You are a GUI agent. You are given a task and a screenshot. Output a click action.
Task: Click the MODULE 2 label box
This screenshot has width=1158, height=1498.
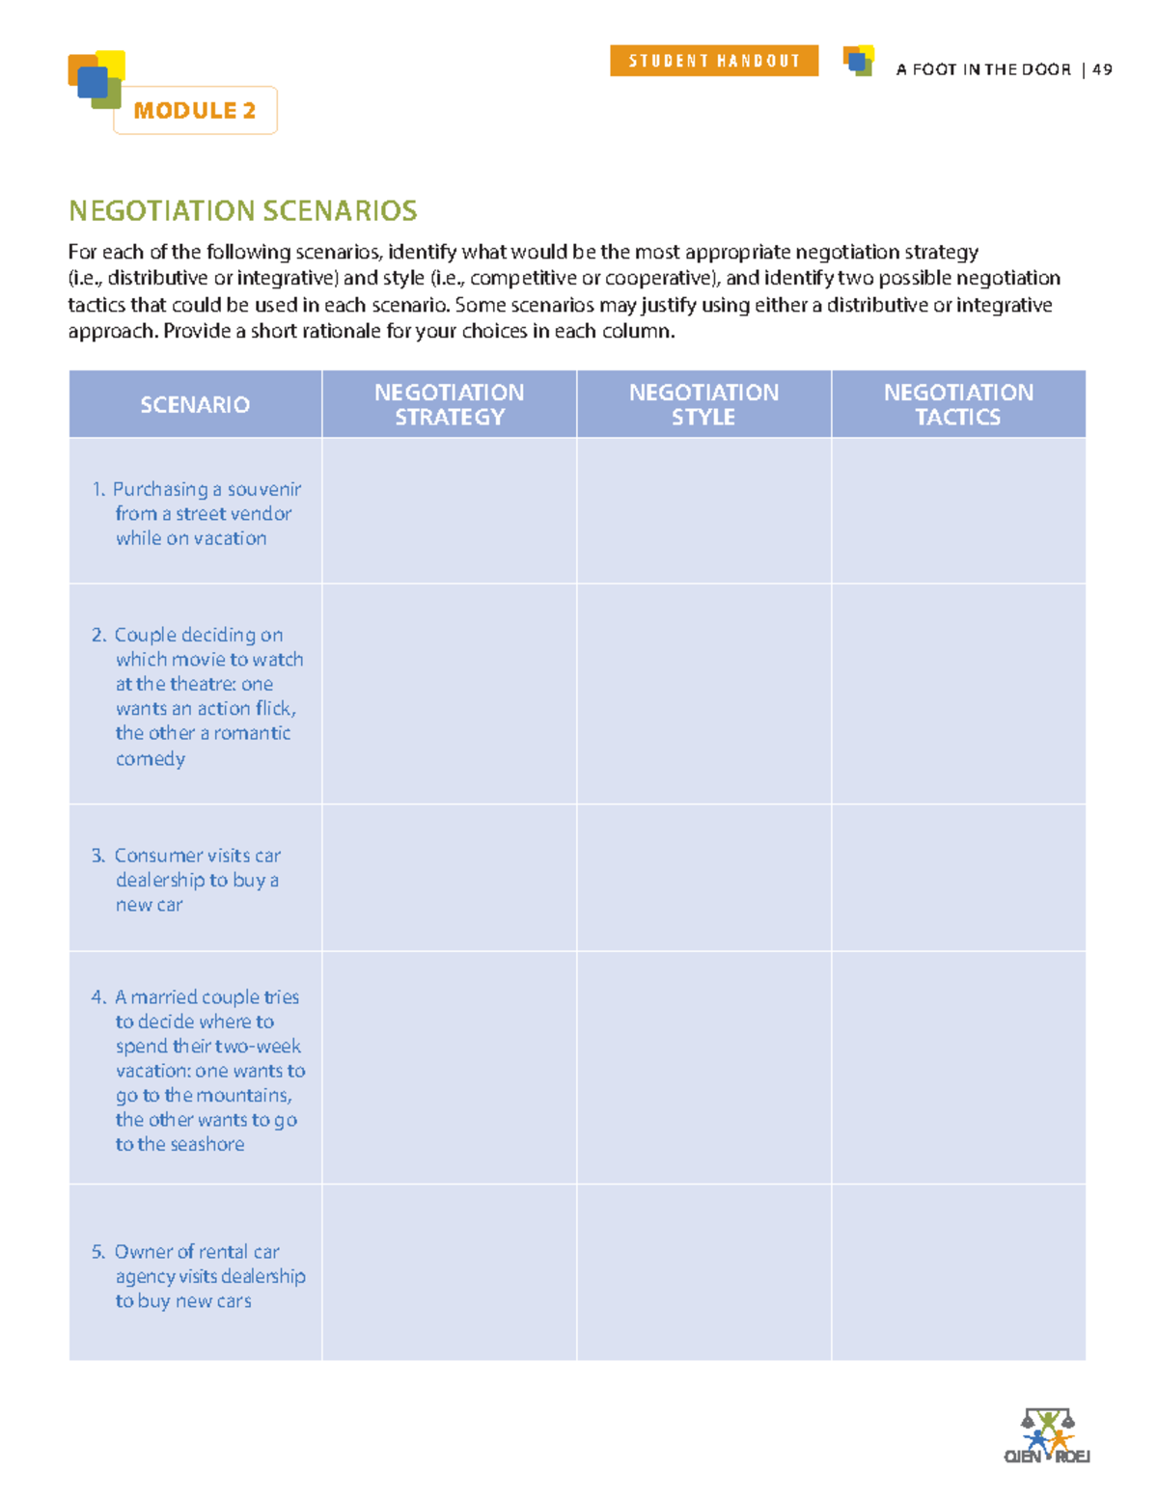[x=195, y=111]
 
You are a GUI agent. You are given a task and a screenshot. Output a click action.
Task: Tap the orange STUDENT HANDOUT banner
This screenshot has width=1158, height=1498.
[x=714, y=61]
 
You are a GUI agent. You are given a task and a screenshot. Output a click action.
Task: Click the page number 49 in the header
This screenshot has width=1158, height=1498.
[x=1102, y=69]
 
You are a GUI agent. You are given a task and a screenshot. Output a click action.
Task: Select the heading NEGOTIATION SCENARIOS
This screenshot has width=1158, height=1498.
[x=242, y=210]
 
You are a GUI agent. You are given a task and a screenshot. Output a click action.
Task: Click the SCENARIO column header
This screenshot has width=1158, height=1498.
[x=195, y=404]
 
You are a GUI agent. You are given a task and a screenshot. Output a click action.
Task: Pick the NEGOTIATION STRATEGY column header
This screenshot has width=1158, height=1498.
[x=449, y=404]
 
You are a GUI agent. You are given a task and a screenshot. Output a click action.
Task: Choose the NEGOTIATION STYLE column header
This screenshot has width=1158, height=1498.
[x=703, y=404]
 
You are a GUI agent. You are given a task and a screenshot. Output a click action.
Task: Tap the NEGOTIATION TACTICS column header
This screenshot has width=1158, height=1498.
[x=958, y=404]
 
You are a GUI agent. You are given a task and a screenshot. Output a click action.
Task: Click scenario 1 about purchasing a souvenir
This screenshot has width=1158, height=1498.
[x=198, y=513]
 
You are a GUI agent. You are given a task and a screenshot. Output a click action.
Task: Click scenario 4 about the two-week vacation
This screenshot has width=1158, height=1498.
[x=201, y=1070]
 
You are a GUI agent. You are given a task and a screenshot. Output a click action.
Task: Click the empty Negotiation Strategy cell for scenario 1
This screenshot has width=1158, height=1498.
[x=449, y=511]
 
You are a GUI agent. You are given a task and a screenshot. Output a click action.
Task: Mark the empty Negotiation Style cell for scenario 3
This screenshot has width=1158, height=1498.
[x=703, y=878]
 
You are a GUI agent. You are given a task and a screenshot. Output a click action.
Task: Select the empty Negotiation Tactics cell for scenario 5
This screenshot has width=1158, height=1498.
[x=958, y=1271]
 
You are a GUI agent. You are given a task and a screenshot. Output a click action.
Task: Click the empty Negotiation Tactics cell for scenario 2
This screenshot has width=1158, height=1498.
[x=958, y=694]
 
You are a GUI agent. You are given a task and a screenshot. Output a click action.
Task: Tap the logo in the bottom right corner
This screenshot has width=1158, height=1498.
[x=1047, y=1436]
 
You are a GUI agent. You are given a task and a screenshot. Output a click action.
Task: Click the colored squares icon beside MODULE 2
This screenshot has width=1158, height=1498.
[x=96, y=79]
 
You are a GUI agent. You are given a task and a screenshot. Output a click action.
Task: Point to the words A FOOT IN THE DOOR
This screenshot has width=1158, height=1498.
[x=982, y=69]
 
